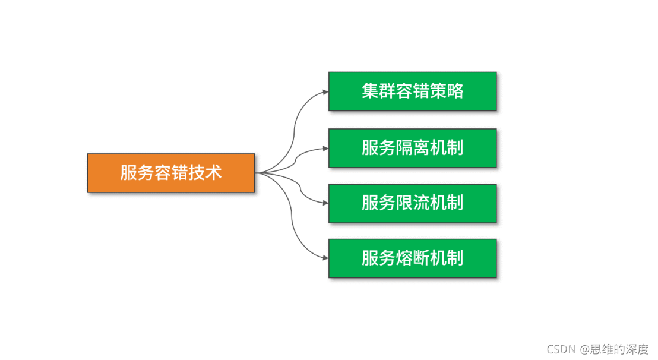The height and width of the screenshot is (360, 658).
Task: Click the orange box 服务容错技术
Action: pyautogui.click(x=171, y=173)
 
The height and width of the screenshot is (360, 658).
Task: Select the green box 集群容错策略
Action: pyautogui.click(x=412, y=91)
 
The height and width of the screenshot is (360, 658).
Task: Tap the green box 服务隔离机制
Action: pyautogui.click(x=412, y=147)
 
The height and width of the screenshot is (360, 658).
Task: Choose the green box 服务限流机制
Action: pyautogui.click(x=412, y=203)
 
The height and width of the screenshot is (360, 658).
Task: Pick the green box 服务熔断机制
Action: pyautogui.click(x=412, y=258)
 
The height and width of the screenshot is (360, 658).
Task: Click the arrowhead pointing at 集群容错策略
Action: pyautogui.click(x=325, y=91)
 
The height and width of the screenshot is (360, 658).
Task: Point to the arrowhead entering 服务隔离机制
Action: pyautogui.click(x=325, y=147)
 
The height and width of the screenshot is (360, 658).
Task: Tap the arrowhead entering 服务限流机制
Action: pyautogui.click(x=325, y=203)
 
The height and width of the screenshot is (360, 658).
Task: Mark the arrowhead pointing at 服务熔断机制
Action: pyautogui.click(x=325, y=258)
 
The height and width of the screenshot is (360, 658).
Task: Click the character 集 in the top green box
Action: pyautogui.click(x=370, y=91)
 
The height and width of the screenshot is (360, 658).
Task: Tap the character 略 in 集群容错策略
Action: pyautogui.click(x=455, y=91)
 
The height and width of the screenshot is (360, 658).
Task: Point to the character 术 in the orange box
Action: pyautogui.click(x=213, y=173)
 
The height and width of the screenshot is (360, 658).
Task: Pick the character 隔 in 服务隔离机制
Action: pyautogui.click(x=404, y=147)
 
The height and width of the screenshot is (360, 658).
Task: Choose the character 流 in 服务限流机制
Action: pyautogui.click(x=421, y=203)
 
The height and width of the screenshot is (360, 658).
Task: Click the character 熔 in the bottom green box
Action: pyautogui.click(x=404, y=258)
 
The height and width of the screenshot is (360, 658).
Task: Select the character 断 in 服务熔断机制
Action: pyautogui.click(x=421, y=258)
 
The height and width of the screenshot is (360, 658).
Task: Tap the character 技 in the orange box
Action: pyautogui.click(x=197, y=173)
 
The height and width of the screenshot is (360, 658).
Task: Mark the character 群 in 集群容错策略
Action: pyautogui.click(x=387, y=91)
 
